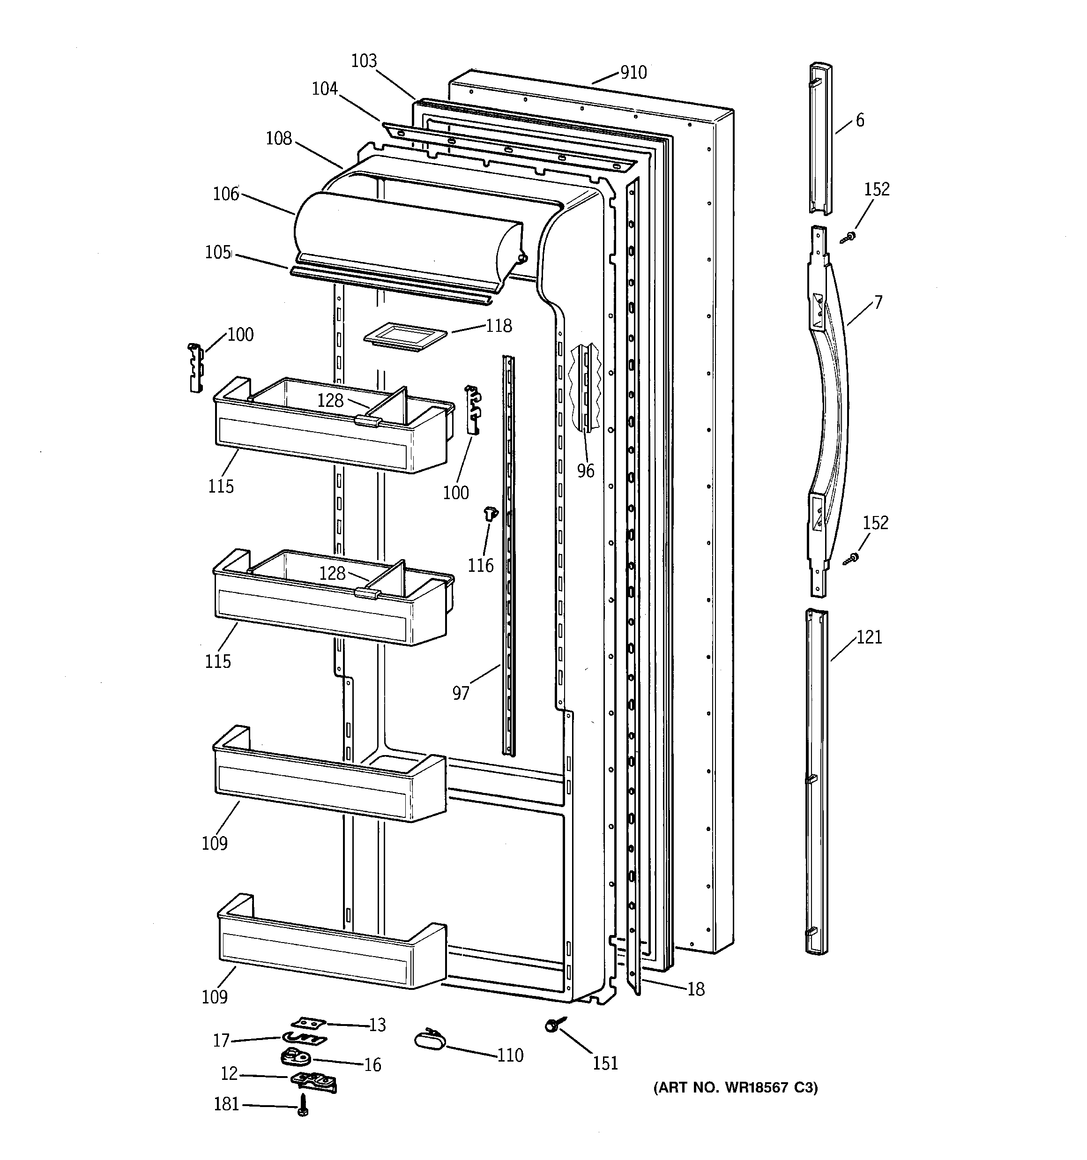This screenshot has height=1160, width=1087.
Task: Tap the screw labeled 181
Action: pyautogui.click(x=302, y=1105)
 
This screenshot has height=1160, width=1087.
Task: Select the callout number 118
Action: pyautogui.click(x=499, y=326)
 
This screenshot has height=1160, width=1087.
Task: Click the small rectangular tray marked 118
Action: pyautogui.click(x=405, y=338)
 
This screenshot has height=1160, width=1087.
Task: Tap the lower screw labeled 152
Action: pyautogui.click(x=851, y=559)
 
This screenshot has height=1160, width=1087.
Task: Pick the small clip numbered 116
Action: pyautogui.click(x=490, y=514)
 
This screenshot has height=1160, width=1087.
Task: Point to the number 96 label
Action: pyautogui.click(x=585, y=470)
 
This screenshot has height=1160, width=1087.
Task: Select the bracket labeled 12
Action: pyautogui.click(x=313, y=1081)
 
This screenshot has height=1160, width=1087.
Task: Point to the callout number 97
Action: pyautogui.click(x=461, y=693)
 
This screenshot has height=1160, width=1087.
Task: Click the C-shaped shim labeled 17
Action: pyautogui.click(x=304, y=1038)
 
